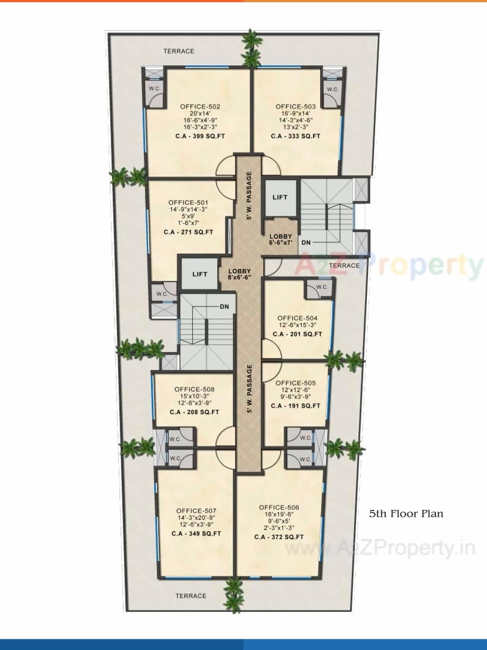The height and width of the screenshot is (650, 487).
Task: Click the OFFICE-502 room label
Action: [200, 107]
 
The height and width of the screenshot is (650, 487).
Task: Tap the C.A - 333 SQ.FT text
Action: [295, 136]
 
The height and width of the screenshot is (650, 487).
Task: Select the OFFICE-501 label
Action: [188, 202]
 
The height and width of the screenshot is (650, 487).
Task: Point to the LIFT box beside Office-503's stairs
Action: [280, 197]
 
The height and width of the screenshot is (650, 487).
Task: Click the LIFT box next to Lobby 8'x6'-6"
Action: [199, 274]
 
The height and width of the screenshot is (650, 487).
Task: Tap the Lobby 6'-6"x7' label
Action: [280, 239]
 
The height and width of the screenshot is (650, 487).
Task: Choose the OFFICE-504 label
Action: [297, 318]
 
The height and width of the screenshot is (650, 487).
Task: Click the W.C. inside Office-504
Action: [321, 287]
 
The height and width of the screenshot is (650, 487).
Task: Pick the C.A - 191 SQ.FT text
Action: [295, 406]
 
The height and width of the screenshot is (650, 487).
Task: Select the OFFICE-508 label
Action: [194, 389]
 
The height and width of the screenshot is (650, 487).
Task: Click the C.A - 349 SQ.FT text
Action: [196, 534]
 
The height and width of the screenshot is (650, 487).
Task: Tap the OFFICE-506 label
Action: [279, 507]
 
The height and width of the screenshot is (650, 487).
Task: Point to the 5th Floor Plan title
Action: [406, 514]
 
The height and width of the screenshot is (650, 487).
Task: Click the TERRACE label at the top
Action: [178, 51]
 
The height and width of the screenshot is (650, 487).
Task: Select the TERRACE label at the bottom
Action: [191, 596]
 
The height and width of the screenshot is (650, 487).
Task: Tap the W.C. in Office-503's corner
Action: [333, 89]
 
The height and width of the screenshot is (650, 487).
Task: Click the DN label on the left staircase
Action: [224, 307]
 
